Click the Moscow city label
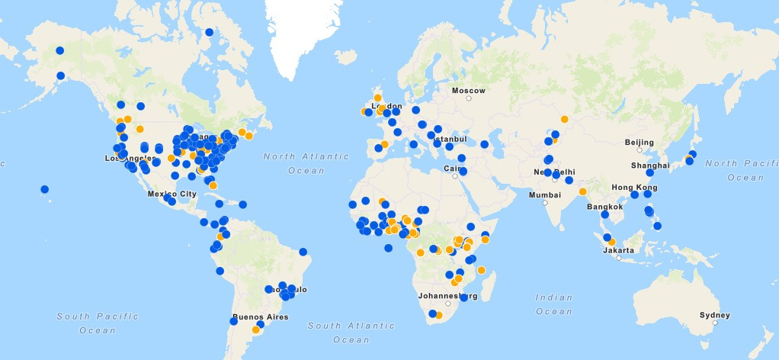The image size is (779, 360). (x=468, y=91)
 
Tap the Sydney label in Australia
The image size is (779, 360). (x=714, y=315)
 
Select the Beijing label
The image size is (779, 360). (x=639, y=142)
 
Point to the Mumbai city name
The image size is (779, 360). (x=545, y=195)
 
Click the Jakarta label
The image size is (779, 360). (x=618, y=250)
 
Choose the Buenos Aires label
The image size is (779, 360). (x=261, y=317)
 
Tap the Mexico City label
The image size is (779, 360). (x=172, y=194)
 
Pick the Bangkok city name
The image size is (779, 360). (x=604, y=207)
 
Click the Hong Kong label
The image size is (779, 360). (x=633, y=187)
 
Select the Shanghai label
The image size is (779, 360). (x=649, y=165)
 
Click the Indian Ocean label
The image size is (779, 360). (x=554, y=304)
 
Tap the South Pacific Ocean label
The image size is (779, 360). (x=98, y=323)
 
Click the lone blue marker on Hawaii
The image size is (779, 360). (x=45, y=189)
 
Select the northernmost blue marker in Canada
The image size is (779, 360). (x=210, y=32)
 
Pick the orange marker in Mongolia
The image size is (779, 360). (x=564, y=119)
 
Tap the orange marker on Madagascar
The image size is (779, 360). (x=481, y=270)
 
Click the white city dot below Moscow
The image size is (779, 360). (x=470, y=98)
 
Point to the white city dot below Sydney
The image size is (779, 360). (x=714, y=323)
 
